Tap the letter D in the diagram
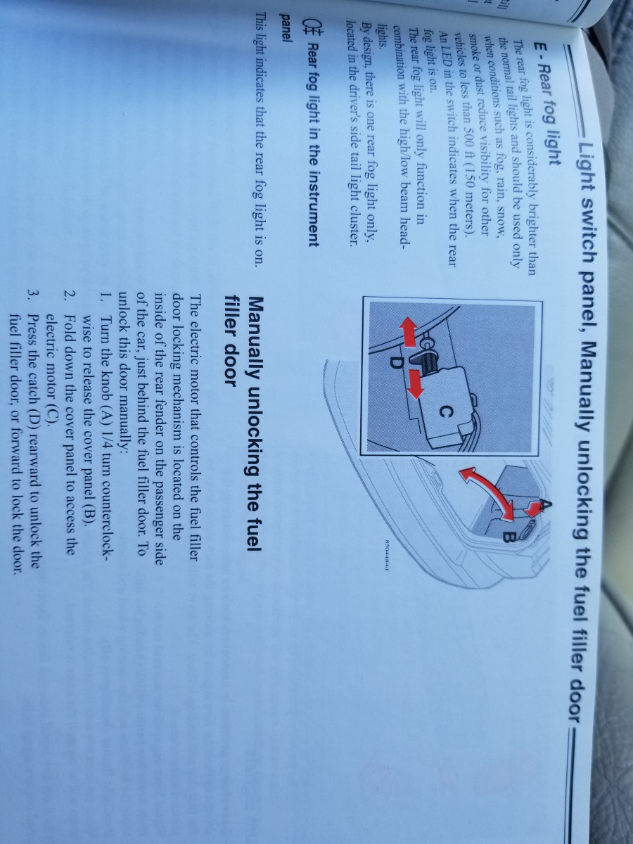tap(396, 362)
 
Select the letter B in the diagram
tap(507, 535)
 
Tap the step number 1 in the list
tap(105, 297)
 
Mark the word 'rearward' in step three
tap(34, 430)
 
